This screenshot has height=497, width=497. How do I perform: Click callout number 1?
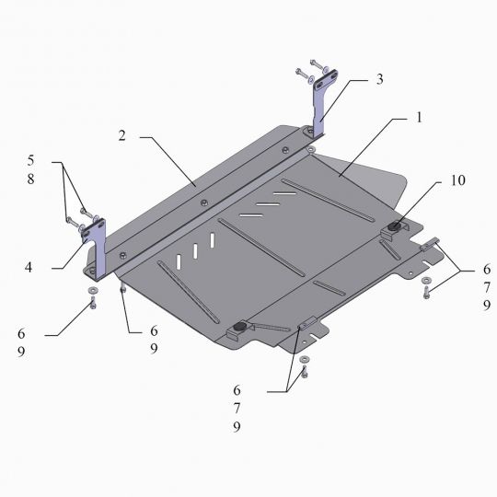[419, 118]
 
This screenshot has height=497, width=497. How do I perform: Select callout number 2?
[122, 135]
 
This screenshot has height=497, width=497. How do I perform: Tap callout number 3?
[380, 79]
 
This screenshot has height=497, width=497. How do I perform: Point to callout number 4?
[29, 268]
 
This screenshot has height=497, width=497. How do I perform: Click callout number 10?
[458, 180]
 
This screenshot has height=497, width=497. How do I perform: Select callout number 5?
[30, 160]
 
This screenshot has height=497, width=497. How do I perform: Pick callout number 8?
[30, 179]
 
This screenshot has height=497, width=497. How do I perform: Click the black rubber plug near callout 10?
[394, 226]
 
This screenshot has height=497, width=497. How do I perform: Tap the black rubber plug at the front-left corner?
[240, 327]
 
